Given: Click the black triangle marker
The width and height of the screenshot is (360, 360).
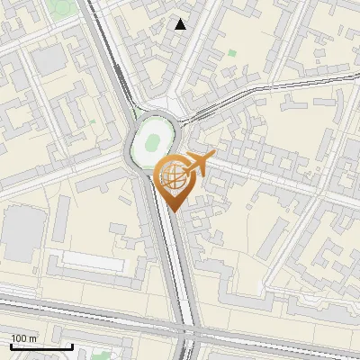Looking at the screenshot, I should click(181, 24).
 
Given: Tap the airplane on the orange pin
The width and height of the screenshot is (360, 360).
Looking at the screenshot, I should click(196, 163).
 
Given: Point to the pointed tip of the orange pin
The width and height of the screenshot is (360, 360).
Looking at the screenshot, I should click(172, 211).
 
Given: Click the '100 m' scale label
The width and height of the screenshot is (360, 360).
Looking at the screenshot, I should click(22, 338).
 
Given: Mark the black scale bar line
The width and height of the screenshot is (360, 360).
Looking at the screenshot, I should click(40, 346).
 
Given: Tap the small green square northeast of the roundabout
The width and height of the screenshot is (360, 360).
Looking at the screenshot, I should click(232, 54).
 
